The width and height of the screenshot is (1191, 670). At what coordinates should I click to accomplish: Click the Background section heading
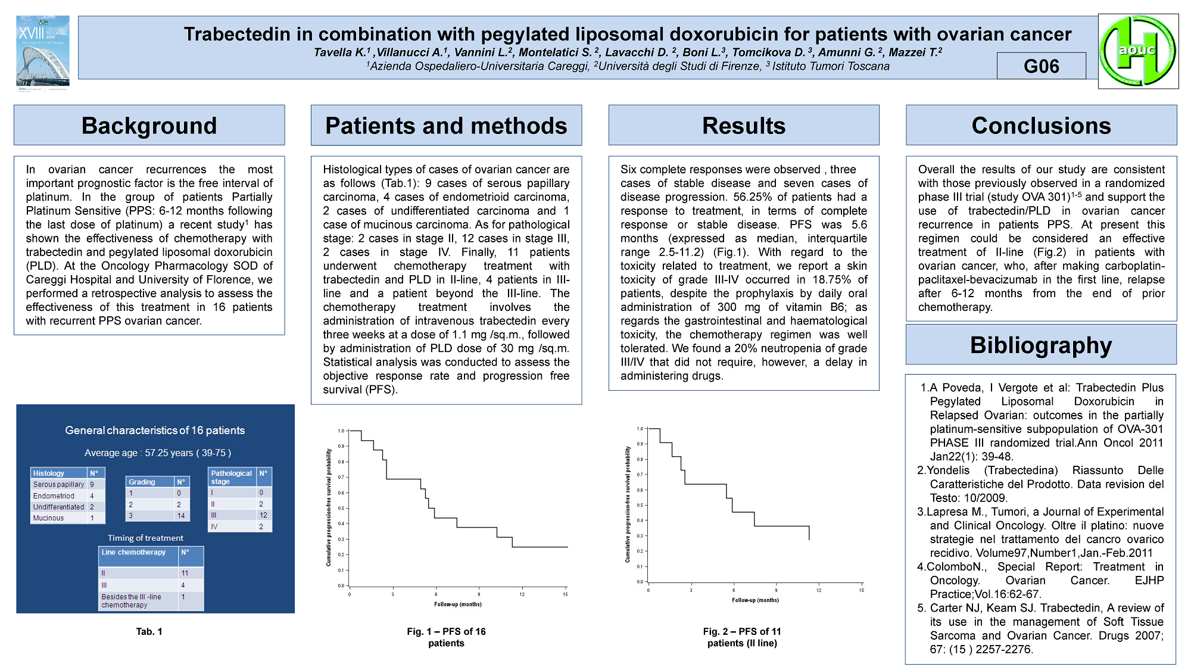149,126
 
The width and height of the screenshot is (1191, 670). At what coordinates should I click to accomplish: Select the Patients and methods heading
446,126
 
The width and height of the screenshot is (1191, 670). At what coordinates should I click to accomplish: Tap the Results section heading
743,126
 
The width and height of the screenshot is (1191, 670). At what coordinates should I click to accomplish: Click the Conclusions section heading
1041,126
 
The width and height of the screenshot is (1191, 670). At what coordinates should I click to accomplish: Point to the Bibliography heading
1041,345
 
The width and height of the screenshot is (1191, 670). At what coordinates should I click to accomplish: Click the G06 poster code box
1041,66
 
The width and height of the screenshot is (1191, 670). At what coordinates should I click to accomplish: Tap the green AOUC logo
1137,51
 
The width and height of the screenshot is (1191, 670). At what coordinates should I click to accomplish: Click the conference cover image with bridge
42,52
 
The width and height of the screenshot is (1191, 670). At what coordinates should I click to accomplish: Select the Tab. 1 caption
149,631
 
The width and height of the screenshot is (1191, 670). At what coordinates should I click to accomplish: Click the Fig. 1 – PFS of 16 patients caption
446,637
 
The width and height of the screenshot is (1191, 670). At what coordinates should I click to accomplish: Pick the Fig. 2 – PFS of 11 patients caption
742,637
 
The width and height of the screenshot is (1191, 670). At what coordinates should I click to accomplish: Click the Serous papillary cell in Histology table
58,485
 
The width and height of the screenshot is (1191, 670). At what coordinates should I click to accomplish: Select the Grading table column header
142,482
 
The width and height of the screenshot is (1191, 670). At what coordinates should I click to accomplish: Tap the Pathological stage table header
232,477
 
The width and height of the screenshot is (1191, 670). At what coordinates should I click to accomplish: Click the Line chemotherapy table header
133,553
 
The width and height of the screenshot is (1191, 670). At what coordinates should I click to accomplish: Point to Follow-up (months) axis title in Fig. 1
458,604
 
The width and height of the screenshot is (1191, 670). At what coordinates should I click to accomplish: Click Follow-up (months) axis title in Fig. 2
755,600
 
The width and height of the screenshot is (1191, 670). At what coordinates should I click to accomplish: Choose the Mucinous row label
48,518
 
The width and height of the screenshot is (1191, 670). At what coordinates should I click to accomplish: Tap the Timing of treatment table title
145,538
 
